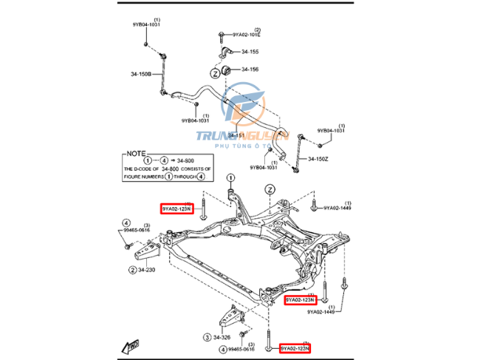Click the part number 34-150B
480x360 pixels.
141,74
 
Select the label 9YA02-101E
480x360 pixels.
247,34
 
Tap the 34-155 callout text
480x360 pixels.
250,52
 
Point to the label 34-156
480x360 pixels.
250,69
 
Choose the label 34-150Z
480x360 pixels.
318,159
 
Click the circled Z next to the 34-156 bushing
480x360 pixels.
215,73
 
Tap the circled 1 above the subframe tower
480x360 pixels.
230,177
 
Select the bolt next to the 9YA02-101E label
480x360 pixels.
222,35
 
